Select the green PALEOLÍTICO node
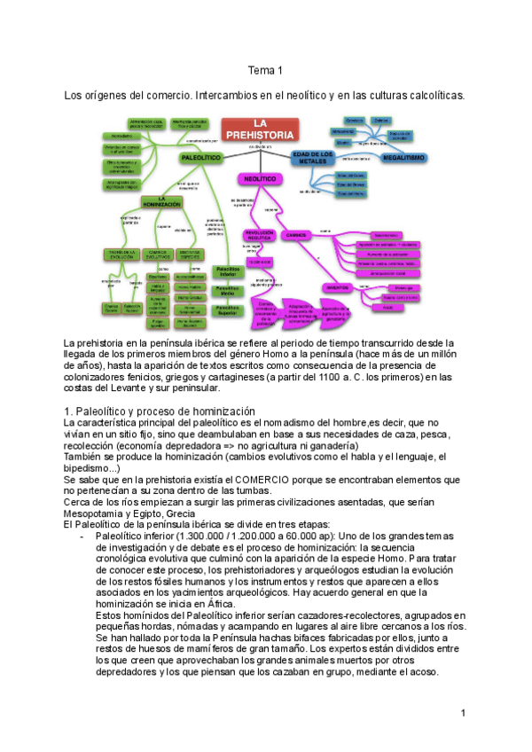pos(199,157)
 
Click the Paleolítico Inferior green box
pos(228,271)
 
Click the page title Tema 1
pos(265,70)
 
